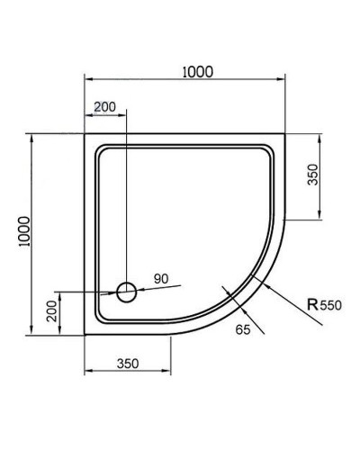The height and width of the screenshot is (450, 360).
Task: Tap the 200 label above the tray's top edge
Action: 104,107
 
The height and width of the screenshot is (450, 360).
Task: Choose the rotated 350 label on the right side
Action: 312,175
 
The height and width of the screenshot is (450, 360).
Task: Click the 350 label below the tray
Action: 127,364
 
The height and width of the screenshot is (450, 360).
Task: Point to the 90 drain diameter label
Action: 162,279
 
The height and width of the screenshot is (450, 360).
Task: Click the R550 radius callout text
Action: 324,306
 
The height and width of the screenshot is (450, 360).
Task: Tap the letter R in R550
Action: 311,306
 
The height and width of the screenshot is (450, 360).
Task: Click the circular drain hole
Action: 127,292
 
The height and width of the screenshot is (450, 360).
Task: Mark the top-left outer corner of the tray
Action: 85,136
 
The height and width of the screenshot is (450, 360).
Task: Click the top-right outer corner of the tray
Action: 285,136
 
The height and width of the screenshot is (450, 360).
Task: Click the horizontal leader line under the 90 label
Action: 157,288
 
